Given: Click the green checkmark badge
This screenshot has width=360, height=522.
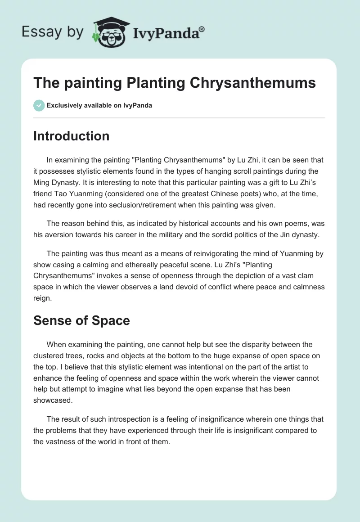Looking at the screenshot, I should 39,105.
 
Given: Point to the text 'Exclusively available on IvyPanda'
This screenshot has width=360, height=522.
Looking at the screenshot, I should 99,105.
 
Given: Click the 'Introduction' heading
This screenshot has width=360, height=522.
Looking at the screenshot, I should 71,136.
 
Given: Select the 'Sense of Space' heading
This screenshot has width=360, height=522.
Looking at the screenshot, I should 81,320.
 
